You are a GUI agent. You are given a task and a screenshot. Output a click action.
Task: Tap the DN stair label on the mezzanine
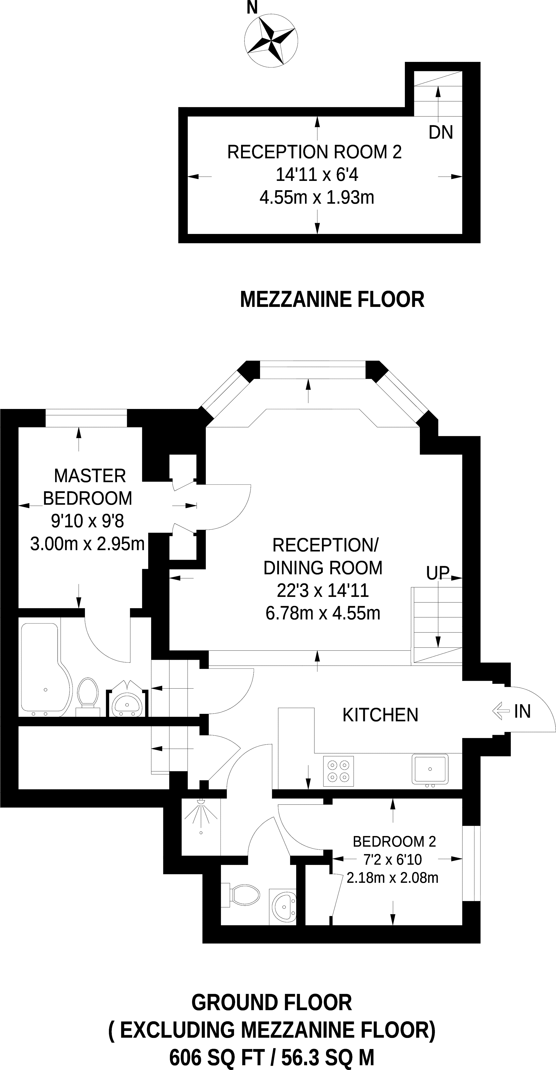[441, 133]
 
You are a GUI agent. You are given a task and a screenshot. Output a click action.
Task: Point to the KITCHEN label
[380, 715]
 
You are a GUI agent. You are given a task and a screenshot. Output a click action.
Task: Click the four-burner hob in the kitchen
[338, 771]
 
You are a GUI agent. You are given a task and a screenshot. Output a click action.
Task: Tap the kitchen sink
[430, 769]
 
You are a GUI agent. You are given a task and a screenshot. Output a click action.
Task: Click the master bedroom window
[86, 412]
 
